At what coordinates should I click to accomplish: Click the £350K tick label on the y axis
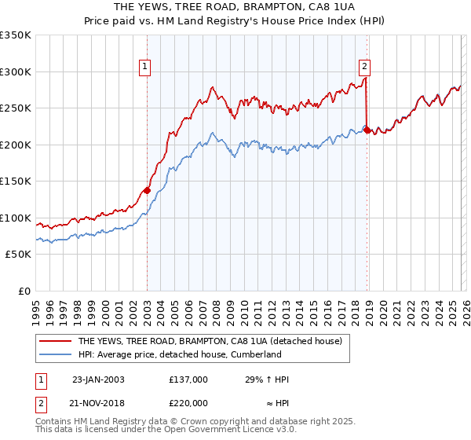coord(16,35)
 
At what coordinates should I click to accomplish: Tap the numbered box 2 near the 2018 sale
coord(366,68)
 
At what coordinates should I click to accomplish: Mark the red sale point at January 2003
coord(147,190)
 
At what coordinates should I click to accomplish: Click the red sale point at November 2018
coord(367,130)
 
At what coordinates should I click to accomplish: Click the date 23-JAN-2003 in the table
coord(98,379)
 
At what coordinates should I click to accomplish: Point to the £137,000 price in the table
coord(188,379)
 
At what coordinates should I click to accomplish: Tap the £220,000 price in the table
coord(188,401)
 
